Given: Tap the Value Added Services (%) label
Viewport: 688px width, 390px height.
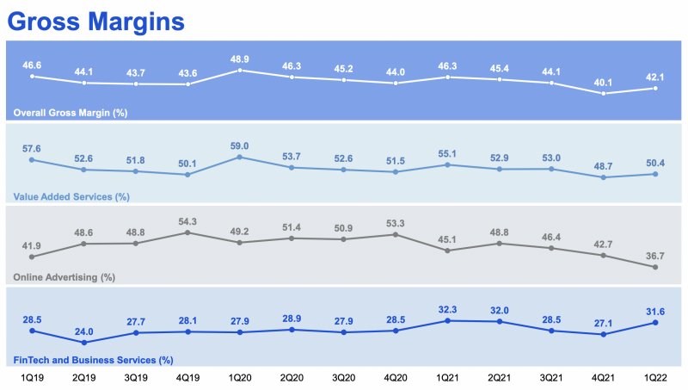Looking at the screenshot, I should (71, 196).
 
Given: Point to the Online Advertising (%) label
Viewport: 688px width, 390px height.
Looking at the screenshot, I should (64, 277).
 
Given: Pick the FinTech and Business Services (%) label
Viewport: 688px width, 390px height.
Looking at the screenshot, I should (93, 359).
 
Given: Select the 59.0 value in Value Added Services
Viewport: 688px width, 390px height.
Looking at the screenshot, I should (239, 145).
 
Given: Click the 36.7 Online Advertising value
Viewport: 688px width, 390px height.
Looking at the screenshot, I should (656, 256).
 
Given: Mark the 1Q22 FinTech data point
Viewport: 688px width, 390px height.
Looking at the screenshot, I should (656, 323).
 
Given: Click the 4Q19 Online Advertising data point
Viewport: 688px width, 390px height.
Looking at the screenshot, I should (187, 232).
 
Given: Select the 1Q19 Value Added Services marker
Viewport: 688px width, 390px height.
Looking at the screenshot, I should (32, 160).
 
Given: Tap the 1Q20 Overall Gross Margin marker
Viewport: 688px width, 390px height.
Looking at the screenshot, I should (239, 70).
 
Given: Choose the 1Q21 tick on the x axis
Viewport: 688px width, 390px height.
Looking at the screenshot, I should (448, 378).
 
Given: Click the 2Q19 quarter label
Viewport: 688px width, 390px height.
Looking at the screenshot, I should (83, 378).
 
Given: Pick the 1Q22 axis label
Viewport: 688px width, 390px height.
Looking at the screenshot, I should (656, 378).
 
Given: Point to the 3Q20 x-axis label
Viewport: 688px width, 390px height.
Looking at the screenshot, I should (344, 378).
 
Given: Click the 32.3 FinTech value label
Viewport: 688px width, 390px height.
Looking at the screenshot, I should (448, 308).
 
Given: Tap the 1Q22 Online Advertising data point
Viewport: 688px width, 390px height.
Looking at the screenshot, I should (656, 267).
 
